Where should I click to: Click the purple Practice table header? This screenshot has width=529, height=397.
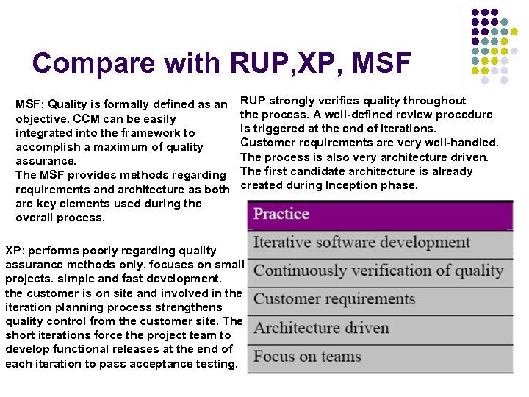(x=380, y=214)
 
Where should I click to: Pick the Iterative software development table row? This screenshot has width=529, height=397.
(x=380, y=243)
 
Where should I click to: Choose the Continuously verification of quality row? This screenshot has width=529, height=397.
(x=380, y=271)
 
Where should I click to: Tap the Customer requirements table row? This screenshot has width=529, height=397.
(x=380, y=300)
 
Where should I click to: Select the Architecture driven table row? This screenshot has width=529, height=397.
(x=380, y=328)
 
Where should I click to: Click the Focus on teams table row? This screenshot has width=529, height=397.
(x=380, y=357)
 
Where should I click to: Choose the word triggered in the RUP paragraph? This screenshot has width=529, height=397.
(x=277, y=129)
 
